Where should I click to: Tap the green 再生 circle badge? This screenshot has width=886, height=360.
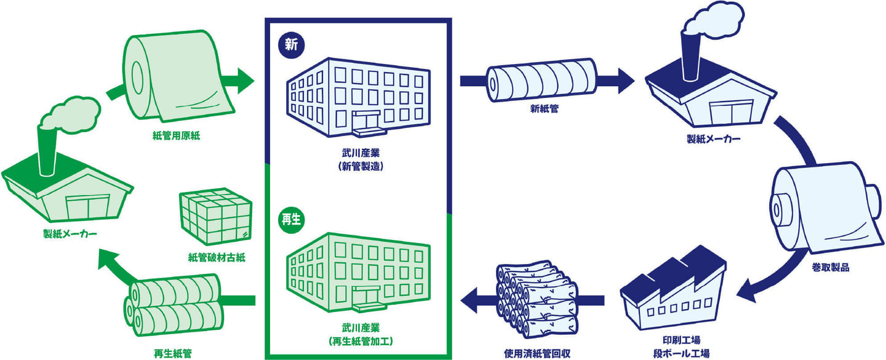click(289, 220)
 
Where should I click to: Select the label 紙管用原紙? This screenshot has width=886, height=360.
click(176, 136)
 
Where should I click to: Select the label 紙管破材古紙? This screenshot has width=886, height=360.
click(217, 257)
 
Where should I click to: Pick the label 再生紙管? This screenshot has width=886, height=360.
click(173, 353)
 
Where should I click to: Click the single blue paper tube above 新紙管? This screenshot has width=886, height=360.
click(542, 80)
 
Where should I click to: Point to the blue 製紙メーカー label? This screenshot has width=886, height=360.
click(713, 139)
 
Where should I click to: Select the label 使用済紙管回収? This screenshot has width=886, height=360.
click(537, 353)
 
